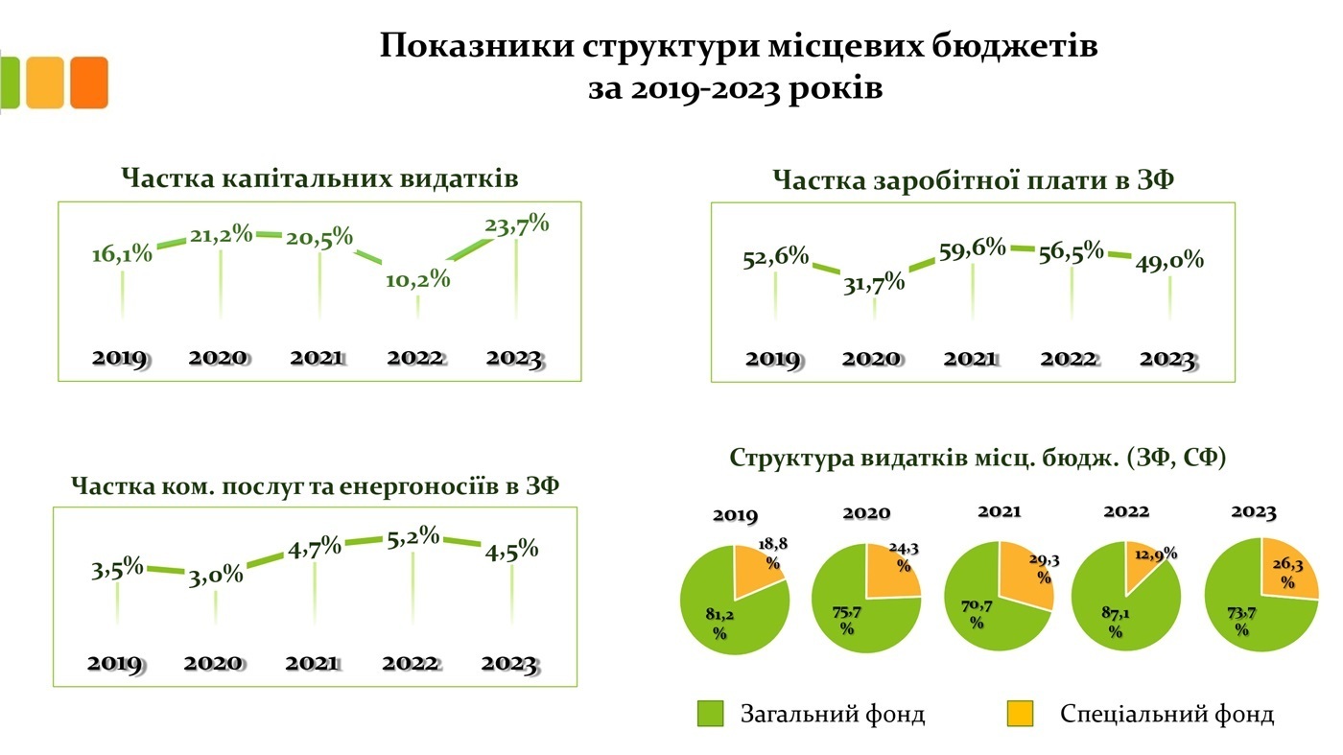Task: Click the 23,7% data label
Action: [x=517, y=225]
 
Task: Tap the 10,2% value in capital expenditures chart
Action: [x=418, y=280]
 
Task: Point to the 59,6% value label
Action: [x=973, y=248]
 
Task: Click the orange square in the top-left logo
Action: [x=89, y=83]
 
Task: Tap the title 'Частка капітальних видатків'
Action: [x=320, y=179]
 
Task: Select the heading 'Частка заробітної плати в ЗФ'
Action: [x=972, y=181]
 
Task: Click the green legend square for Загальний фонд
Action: [x=711, y=713]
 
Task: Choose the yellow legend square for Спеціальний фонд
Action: [x=1020, y=713]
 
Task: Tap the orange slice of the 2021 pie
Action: [x=1025, y=576]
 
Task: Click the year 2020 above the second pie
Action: [x=866, y=514]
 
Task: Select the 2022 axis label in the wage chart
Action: [x=1069, y=359]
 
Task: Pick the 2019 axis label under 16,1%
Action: [x=119, y=359]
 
